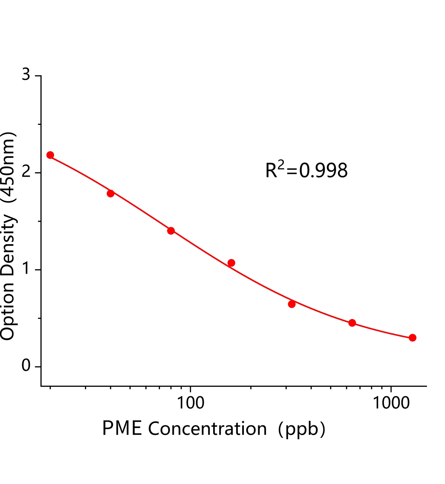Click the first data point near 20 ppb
pyautogui.click(x=50, y=155)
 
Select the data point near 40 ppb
pyautogui.click(x=111, y=193)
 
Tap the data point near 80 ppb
pyautogui.click(x=171, y=231)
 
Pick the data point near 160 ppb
pyautogui.click(x=231, y=263)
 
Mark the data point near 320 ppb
pyautogui.click(x=292, y=304)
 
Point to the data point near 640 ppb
pyautogui.click(x=352, y=323)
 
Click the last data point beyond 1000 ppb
pyautogui.click(x=412, y=338)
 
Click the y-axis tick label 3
pyautogui.click(x=26, y=75)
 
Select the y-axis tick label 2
pyautogui.click(x=26, y=172)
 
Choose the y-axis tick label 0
pyautogui.click(x=26, y=366)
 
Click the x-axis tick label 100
pyautogui.click(x=190, y=403)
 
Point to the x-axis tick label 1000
pyautogui.click(x=391, y=403)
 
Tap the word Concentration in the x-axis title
pyautogui.click(x=207, y=429)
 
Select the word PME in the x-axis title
pyautogui.click(x=122, y=429)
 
